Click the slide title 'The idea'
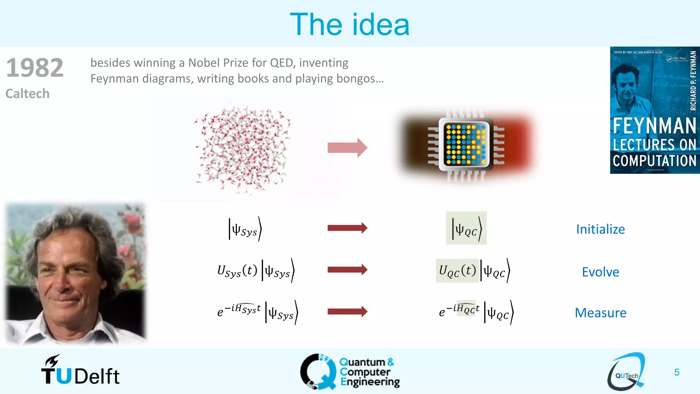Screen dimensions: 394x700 click(349, 25)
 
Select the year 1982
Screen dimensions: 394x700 click(35, 68)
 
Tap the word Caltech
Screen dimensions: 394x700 click(27, 94)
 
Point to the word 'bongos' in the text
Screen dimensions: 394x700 click(356, 79)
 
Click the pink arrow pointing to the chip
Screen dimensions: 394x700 click(347, 148)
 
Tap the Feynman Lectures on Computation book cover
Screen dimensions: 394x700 click(655, 110)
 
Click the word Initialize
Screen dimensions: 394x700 click(600, 229)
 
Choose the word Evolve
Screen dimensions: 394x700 click(600, 272)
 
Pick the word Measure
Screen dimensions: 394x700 click(600, 313)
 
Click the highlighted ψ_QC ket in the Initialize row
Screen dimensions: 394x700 click(466, 228)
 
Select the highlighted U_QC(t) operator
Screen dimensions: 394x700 click(457, 271)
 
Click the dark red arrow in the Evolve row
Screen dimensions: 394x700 click(347, 270)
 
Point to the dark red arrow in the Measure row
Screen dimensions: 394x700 click(347, 312)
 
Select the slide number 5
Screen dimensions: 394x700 click(676, 372)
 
